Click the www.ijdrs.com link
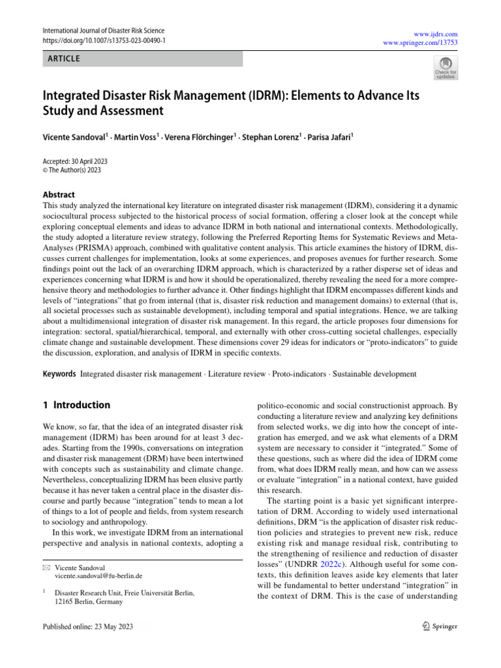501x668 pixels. coord(440,33)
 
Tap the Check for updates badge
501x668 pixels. coord(446,68)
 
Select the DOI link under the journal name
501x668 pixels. coord(104,40)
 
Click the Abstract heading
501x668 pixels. coord(58,194)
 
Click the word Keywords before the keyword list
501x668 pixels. coord(58,374)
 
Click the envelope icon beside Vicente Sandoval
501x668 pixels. coord(45,568)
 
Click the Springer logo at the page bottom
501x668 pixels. coord(438,627)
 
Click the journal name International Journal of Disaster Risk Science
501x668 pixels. coord(103,31)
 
